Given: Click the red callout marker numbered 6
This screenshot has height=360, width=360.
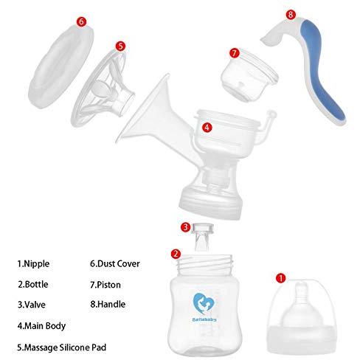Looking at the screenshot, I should [81, 23].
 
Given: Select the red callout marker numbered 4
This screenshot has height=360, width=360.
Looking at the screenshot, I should [207, 127].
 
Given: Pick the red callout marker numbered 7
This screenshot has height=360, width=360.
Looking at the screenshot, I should [235, 53].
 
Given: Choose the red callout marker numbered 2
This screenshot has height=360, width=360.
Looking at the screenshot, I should [175, 254].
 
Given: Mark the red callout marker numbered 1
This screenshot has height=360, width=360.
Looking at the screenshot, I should [280, 278].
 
